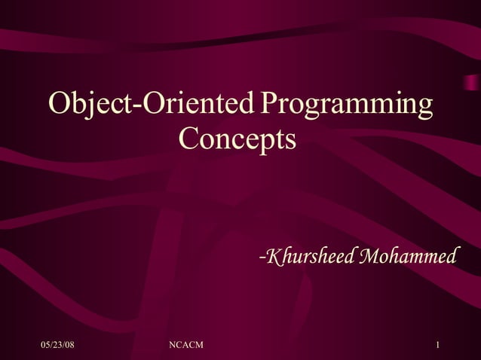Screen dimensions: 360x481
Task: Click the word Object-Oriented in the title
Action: (150, 105)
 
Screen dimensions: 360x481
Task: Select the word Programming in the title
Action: (346, 105)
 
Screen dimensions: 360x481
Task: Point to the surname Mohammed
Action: (407, 257)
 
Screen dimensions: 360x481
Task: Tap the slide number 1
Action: (438, 345)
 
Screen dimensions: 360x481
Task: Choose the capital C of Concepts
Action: (189, 139)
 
